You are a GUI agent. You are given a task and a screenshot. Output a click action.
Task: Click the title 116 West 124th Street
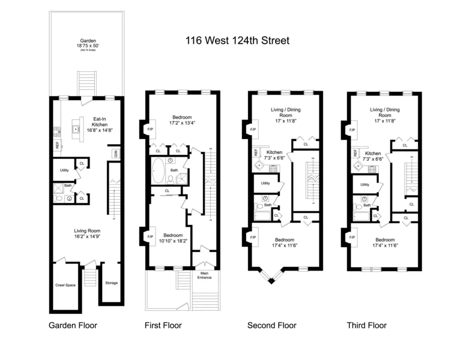point(237,41)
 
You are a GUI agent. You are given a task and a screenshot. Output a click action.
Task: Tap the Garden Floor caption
point(73,326)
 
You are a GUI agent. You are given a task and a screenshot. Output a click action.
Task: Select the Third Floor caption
point(366,326)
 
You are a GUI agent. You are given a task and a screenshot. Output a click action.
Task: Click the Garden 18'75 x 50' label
point(85,44)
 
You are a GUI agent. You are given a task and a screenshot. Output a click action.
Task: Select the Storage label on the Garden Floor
point(111,283)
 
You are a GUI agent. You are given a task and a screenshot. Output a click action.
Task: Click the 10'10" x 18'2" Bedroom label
point(169,239)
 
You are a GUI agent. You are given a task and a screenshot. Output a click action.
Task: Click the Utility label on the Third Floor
point(365,184)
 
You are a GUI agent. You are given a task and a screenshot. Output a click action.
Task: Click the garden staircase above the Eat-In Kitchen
point(85,83)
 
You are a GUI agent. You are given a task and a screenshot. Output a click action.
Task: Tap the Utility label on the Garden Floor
point(64,170)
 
